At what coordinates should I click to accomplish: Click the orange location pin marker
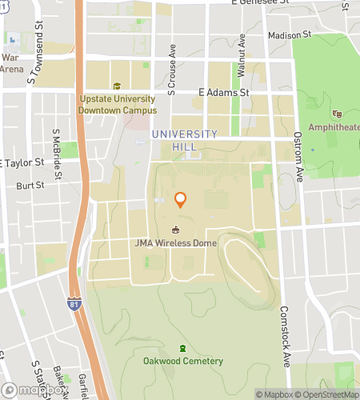(181, 200)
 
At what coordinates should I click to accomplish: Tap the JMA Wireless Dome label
(176, 243)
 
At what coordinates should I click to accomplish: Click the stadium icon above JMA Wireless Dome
(176, 230)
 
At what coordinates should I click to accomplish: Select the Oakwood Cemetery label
(183, 361)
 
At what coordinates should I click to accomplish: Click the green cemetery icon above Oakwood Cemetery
(183, 348)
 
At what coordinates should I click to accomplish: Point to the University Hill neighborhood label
(184, 140)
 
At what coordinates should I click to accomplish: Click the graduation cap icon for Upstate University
(117, 86)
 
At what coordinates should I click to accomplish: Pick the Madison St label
(290, 35)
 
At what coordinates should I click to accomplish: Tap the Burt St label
(31, 186)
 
